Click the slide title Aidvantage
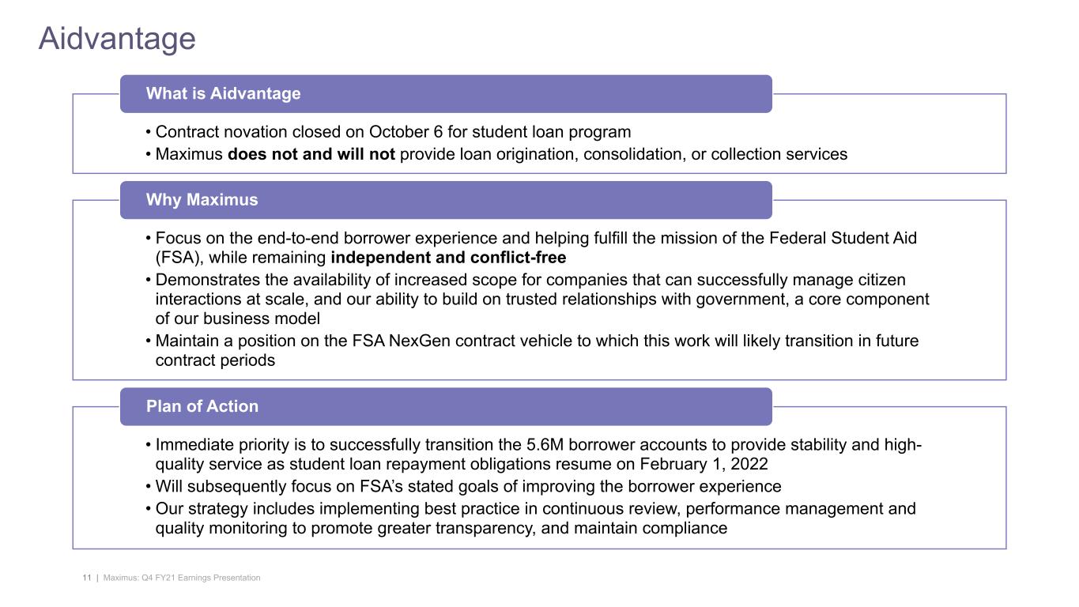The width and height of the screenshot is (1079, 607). point(117,39)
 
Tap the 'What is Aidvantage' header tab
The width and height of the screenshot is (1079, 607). point(223,93)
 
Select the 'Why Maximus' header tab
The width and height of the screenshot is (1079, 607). point(202,200)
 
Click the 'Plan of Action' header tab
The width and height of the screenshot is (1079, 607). point(202,406)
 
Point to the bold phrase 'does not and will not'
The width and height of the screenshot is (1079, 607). point(311,154)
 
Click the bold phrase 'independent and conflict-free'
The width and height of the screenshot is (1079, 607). point(448,258)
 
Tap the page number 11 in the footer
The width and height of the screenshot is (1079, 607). point(86,579)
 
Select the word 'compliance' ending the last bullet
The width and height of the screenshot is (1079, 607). point(686,528)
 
